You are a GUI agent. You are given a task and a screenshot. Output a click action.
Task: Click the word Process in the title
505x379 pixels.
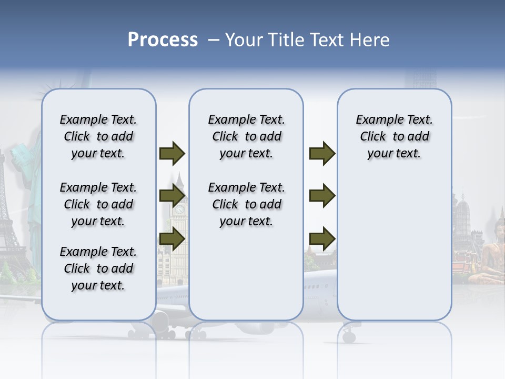pos(163,40)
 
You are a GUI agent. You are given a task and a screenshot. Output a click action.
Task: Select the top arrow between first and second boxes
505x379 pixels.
pos(172,154)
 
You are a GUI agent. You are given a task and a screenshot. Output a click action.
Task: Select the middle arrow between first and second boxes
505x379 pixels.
pos(172,196)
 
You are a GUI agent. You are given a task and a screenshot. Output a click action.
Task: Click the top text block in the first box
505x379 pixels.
pos(98,136)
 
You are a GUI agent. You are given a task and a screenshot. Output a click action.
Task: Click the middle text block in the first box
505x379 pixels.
pos(98,204)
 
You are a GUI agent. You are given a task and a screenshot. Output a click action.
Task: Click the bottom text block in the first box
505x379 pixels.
pos(98,268)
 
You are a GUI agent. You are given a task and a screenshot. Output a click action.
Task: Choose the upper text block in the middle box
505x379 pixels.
pos(246,136)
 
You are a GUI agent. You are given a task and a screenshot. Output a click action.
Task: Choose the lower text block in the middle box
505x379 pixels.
pos(246,204)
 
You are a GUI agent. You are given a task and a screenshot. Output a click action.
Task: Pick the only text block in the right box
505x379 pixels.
pos(394,136)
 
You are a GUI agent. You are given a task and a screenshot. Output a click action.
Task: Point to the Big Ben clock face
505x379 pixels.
pos(180,210)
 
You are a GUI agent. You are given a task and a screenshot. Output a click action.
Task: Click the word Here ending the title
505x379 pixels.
pos(371,40)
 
